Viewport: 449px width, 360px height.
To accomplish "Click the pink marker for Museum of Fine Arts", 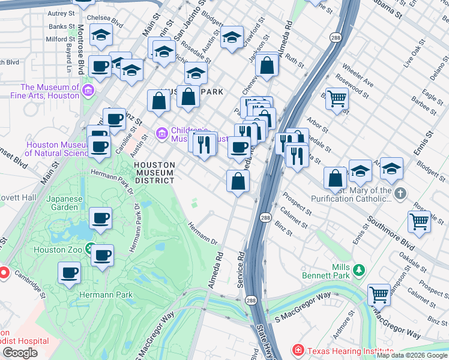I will tap(88, 91).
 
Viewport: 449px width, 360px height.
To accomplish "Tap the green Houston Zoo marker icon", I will tap(90, 248).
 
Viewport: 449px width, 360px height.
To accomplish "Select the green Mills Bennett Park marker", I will tap(359, 270).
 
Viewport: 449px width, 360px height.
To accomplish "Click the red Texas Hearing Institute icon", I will tap(298, 350).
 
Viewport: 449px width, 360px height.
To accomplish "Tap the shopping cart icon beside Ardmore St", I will tap(379, 294).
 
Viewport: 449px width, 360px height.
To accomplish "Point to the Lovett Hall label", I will tap(20, 197).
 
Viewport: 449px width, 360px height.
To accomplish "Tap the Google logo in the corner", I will tap(20, 352).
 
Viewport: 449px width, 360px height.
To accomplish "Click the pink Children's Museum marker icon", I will tap(161, 133).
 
